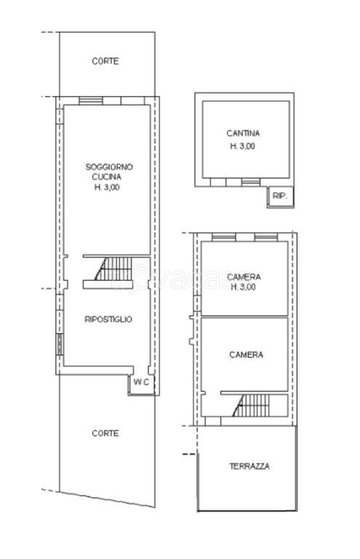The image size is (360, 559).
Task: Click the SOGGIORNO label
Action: click(109, 167)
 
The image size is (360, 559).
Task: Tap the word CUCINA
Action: click(106, 176)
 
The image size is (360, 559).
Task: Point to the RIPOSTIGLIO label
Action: click(108, 319)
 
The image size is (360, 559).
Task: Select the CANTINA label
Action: click(243, 133)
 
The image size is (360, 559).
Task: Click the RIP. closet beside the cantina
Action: click(280, 196)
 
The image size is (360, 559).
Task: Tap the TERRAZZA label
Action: click(249, 466)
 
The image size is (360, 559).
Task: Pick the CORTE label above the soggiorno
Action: click(105, 61)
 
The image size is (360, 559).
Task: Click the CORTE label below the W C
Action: click(105, 433)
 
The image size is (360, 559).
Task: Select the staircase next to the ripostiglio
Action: click(113, 269)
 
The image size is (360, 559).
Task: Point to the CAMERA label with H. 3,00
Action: click(244, 277)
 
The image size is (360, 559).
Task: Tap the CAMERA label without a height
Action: click(247, 354)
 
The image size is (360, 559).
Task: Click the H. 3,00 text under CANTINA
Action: click(242, 146)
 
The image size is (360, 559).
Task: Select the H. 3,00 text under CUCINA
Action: click(107, 187)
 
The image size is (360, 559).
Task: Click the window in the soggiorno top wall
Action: click(91, 100)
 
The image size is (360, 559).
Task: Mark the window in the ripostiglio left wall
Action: click(60, 344)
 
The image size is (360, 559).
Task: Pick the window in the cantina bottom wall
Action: click(251, 183)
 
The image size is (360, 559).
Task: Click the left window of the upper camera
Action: click(223, 237)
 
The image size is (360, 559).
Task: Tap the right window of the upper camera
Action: click(266, 237)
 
